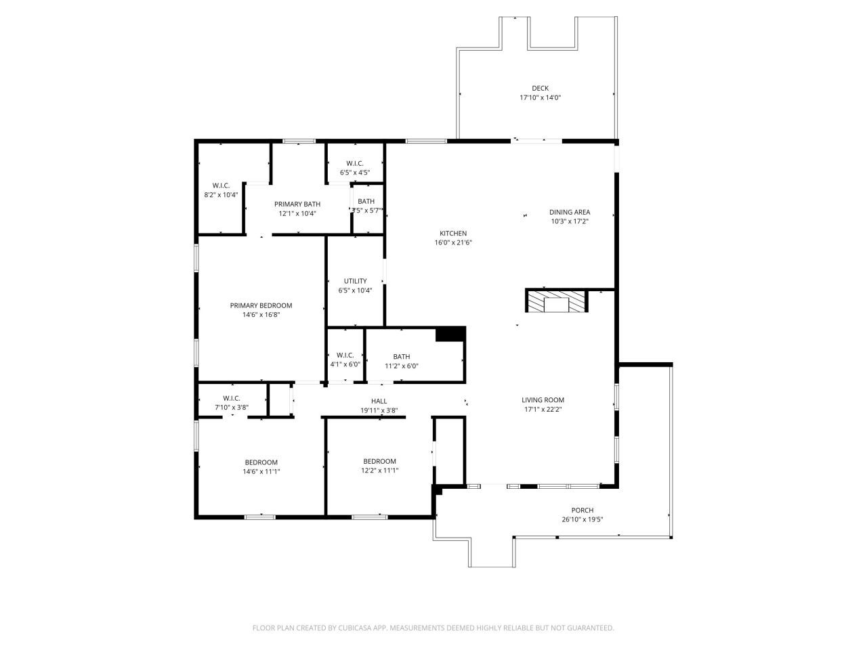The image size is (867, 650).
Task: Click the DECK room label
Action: (x=540, y=88)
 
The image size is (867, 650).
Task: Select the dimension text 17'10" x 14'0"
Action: (x=540, y=97)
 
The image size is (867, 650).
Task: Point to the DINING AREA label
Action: (x=570, y=212)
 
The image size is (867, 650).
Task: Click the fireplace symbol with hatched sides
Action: (x=556, y=301)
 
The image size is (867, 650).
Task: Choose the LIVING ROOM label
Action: (x=543, y=400)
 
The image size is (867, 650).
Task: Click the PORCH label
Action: (x=583, y=511)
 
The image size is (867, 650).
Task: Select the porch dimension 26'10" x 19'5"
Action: (x=583, y=520)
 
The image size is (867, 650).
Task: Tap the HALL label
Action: (x=379, y=401)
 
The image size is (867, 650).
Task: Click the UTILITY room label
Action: (x=355, y=281)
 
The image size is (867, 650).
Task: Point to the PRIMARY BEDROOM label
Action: (x=261, y=305)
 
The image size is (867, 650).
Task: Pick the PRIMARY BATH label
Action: (x=297, y=204)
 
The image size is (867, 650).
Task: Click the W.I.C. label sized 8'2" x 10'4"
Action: (x=221, y=186)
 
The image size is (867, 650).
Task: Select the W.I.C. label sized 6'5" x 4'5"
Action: (x=355, y=163)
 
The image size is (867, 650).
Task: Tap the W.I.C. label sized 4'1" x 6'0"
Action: (x=345, y=355)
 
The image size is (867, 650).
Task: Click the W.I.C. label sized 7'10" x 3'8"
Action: (x=232, y=398)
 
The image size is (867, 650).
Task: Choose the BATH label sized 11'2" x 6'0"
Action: (x=402, y=357)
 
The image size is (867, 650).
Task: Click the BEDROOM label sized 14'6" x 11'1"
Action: (x=261, y=462)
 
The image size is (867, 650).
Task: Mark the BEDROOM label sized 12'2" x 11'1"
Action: (x=379, y=461)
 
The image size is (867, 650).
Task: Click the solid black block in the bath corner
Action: (x=450, y=334)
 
